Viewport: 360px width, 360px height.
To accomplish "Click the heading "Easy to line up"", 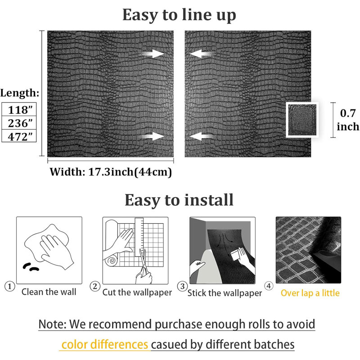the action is pyautogui.click(x=179, y=15).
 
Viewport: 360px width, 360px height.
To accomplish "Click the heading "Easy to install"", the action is pyautogui.click(x=179, y=200).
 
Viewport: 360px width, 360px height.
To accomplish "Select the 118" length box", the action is pyautogui.click(x=19, y=109).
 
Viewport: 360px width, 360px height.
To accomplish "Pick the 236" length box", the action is pyautogui.click(x=19, y=123).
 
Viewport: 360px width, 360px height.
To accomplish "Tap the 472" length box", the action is pyautogui.click(x=19, y=136).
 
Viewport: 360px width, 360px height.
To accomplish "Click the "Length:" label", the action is pyautogui.click(x=20, y=93).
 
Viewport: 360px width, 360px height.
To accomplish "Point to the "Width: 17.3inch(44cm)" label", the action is pyautogui.click(x=111, y=172).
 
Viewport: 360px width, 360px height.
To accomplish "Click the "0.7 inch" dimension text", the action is pyautogui.click(x=348, y=120).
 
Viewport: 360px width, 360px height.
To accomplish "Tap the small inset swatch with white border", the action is pyautogui.click(x=302, y=120).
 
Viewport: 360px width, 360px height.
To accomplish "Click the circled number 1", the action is pyautogui.click(x=9, y=286).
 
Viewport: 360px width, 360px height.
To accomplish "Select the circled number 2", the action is pyautogui.click(x=95, y=286).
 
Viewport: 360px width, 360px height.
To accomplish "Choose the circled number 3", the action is pyautogui.click(x=182, y=286).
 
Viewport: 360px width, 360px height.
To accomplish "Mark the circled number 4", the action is pyautogui.click(x=269, y=286).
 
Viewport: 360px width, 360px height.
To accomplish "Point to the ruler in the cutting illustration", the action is pyautogui.click(x=139, y=237).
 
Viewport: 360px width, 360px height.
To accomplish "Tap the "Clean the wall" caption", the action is pyautogui.click(x=49, y=292).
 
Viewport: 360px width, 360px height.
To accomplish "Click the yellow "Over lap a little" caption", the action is pyautogui.click(x=310, y=293).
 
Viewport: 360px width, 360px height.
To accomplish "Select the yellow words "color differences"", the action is pyautogui.click(x=105, y=345).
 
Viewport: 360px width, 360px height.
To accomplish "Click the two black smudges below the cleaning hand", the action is pyautogui.click(x=31, y=267).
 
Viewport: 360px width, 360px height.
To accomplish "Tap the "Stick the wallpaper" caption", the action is pyautogui.click(x=225, y=293).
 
